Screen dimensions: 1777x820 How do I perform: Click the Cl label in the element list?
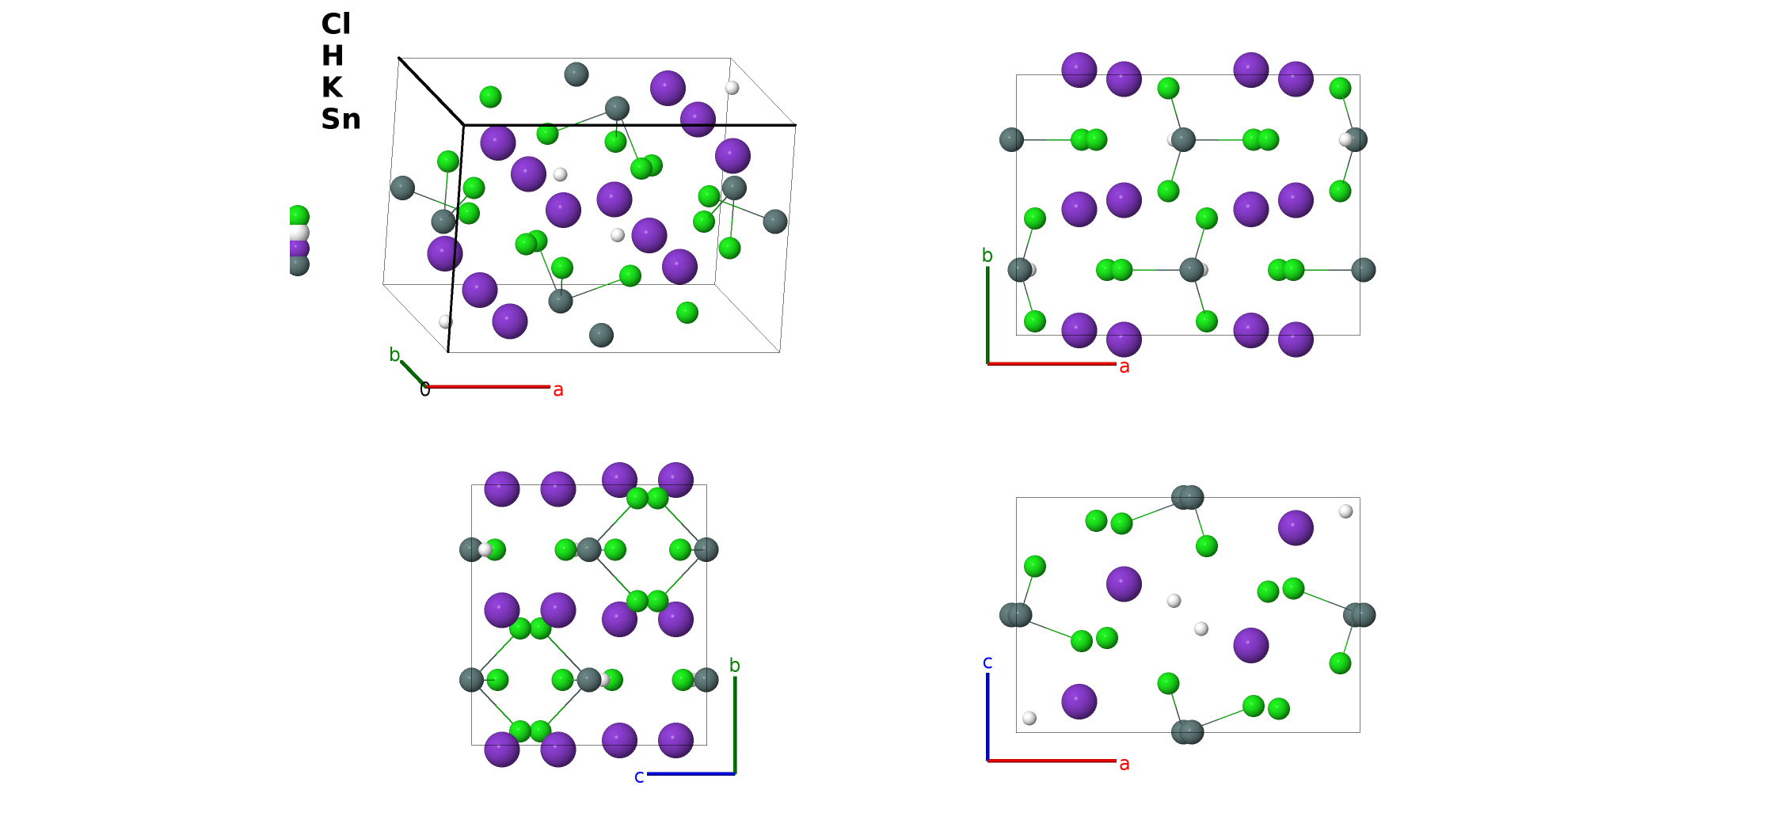coord(336,24)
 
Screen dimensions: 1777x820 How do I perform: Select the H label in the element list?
coord(333,55)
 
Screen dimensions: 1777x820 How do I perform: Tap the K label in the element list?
coord(332,87)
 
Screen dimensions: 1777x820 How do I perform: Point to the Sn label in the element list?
coord(341,119)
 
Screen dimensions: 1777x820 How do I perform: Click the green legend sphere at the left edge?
coord(299,216)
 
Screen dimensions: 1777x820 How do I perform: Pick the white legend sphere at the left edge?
coord(299,233)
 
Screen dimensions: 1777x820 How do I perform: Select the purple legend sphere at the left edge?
coord(299,249)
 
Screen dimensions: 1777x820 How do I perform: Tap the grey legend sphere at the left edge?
coord(299,264)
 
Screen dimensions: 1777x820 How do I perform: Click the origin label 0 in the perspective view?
coord(425,389)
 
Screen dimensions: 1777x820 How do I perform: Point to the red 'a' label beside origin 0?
coord(558,389)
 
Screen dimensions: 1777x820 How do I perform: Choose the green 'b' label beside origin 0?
coord(394,355)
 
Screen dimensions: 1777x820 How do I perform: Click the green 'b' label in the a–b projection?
coord(987,255)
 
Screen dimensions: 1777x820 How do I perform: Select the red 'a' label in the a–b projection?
coord(1124,366)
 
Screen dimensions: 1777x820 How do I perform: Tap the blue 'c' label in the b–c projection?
coord(639,776)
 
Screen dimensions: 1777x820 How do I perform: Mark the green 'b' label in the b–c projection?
coord(735,665)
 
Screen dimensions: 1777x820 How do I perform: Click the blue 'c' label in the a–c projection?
coord(987,662)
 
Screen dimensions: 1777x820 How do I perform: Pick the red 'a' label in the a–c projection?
coord(1124,764)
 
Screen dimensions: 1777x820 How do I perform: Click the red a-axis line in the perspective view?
coord(487,387)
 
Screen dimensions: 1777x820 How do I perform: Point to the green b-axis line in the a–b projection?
coord(987,315)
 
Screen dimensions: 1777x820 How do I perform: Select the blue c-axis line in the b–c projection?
coord(691,773)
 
